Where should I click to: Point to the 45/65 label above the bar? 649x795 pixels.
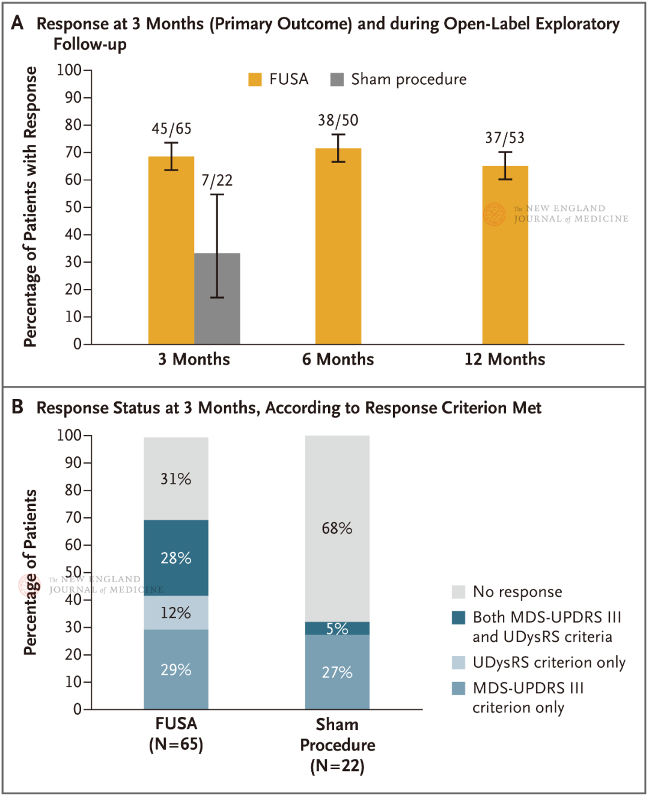point(171,129)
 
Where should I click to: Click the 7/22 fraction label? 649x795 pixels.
point(217,180)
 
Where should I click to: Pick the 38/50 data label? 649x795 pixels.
point(338,120)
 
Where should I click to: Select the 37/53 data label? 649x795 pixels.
point(505,138)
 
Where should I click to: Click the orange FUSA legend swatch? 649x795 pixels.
point(255,79)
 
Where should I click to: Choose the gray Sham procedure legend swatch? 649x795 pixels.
point(337,79)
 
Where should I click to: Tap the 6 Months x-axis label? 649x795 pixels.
point(338,359)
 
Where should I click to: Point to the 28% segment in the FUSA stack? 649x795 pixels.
point(176,558)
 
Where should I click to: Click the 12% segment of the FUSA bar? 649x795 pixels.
point(176,613)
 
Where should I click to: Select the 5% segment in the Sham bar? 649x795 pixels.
point(337,629)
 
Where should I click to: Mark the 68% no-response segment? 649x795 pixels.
point(337,528)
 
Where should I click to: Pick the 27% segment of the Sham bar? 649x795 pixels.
point(337,672)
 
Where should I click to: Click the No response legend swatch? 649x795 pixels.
point(459,592)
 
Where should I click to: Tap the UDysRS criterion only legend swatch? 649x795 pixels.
point(459,662)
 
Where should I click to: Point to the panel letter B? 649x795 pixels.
point(17,407)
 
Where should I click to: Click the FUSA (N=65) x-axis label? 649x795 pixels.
point(176,734)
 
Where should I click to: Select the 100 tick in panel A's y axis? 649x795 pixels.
point(69,70)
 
